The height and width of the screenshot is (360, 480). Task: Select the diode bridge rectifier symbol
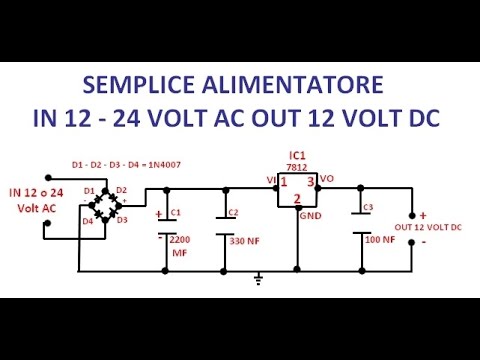(x=105, y=205)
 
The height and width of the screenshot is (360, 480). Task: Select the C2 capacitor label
(x=233, y=212)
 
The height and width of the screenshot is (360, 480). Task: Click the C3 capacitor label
(x=368, y=207)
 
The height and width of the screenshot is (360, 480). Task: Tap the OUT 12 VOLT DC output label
(x=428, y=228)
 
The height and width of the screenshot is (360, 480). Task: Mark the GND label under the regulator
(x=311, y=215)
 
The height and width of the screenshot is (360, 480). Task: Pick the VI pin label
(x=271, y=181)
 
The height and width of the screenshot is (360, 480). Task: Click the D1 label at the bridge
(x=89, y=190)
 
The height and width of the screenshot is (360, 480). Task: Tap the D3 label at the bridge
(x=122, y=220)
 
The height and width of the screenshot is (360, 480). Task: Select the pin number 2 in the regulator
(x=297, y=199)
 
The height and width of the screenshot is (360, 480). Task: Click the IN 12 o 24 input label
(x=38, y=191)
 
